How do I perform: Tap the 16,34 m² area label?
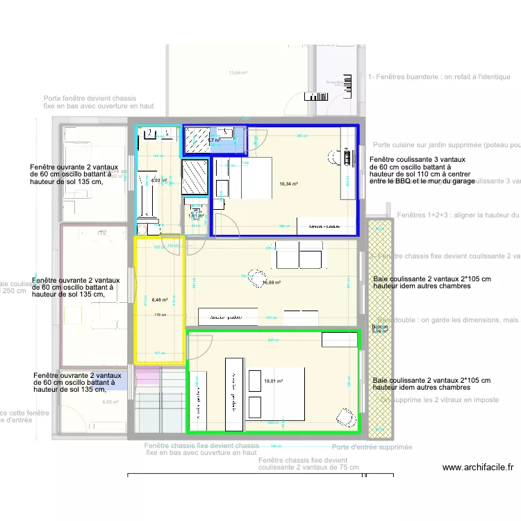tap(288, 185)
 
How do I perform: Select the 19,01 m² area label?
tap(274, 381)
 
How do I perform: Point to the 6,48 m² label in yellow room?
tap(160, 300)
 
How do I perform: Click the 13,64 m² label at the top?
tap(238, 73)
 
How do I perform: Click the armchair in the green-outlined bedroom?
tap(342, 415)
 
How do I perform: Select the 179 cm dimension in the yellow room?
tap(159, 315)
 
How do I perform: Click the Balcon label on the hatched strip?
tap(380, 326)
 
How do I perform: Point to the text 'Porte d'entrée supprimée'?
tap(372, 447)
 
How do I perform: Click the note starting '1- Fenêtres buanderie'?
tap(444, 77)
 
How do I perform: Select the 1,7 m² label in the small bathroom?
tap(213, 140)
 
